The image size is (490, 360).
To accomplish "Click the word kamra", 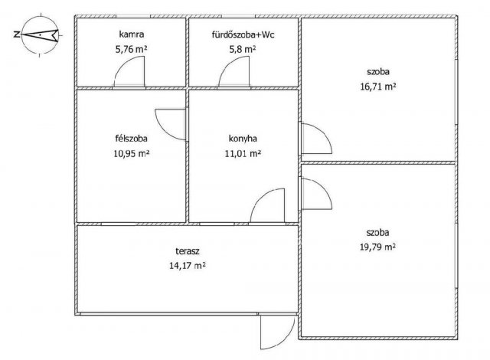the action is pyautogui.click(x=132, y=34).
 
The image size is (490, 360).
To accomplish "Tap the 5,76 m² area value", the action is pyautogui.click(x=131, y=49).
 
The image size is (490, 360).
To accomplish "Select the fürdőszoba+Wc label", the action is pyautogui.click(x=243, y=34).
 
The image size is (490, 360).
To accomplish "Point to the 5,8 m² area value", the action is pyautogui.click(x=243, y=49).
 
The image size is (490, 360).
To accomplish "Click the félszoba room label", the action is pyautogui.click(x=131, y=138).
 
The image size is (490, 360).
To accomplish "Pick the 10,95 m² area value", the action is pyautogui.click(x=131, y=153).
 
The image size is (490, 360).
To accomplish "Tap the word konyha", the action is pyautogui.click(x=243, y=139).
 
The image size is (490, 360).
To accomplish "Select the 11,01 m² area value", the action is pyautogui.click(x=243, y=153).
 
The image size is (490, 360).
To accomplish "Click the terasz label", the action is pyautogui.click(x=188, y=250).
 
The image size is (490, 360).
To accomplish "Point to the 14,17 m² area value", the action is pyautogui.click(x=187, y=266).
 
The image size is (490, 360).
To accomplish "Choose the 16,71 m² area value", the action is pyautogui.click(x=378, y=87).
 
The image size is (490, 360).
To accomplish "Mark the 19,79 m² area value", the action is pyautogui.click(x=377, y=247).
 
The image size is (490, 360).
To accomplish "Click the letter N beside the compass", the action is pyautogui.click(x=17, y=34).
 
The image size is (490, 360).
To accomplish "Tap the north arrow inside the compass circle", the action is pyautogui.click(x=40, y=34).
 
